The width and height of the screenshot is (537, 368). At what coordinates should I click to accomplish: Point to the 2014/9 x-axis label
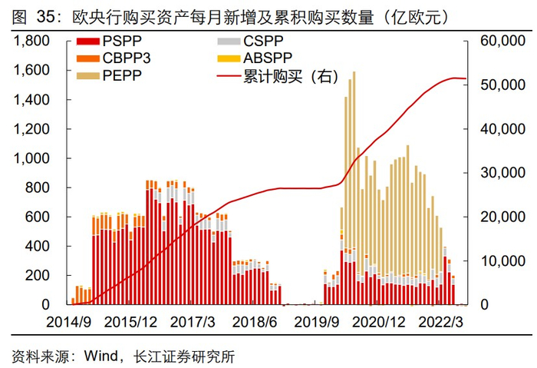pos(71,321)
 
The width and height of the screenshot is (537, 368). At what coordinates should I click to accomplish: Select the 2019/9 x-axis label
pos(315,321)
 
